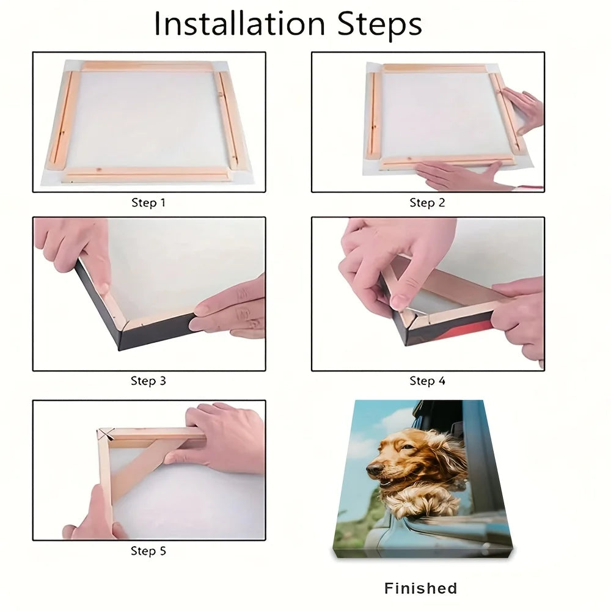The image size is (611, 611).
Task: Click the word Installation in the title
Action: tap(240, 24)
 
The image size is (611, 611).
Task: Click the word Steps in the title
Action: tap(379, 24)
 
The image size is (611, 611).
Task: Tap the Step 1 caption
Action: tap(148, 203)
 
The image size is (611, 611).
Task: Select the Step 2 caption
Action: tap(427, 203)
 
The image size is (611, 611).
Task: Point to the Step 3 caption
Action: tap(148, 381)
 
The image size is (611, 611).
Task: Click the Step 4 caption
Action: tap(427, 381)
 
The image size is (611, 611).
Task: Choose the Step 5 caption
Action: tap(148, 551)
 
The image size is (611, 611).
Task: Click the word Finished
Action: tap(421, 588)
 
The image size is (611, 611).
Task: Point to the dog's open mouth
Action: tap(386, 483)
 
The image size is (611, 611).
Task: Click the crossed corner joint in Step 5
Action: tap(106, 433)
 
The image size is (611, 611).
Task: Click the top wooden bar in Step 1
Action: tap(148, 65)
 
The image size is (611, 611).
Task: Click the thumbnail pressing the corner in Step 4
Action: tap(398, 301)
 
